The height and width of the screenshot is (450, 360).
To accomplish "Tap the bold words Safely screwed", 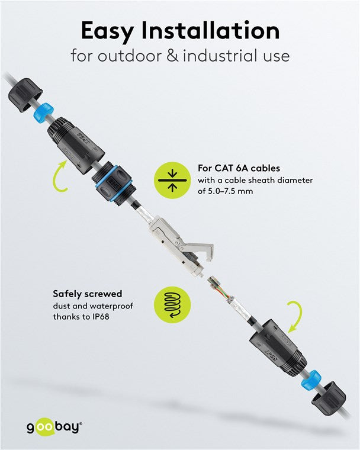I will tap(87, 294).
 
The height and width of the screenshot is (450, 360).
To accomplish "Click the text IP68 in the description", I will tap(101, 316).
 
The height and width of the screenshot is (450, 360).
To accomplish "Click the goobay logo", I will tap(53, 426).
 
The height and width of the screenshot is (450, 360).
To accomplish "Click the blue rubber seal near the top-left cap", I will tap(42, 112).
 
